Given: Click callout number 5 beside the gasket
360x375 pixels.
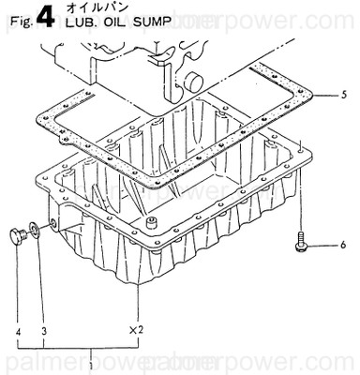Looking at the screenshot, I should [x=346, y=95].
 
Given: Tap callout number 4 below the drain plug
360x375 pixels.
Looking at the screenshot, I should [x=17, y=330].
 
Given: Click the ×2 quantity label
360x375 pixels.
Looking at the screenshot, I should [x=136, y=329].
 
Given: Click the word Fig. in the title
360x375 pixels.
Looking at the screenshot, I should [x=15, y=23].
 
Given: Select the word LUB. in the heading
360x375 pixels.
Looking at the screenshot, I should [x=76, y=25].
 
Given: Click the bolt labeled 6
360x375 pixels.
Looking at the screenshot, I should [x=298, y=238].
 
